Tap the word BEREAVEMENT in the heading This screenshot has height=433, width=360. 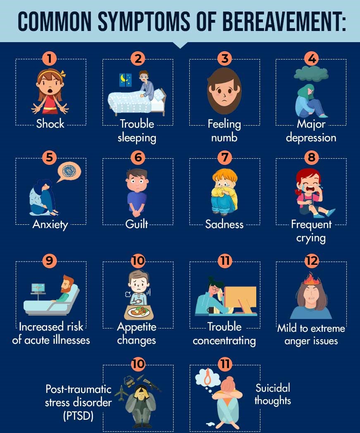(285, 21)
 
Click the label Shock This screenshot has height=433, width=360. (50, 124)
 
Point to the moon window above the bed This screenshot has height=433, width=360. (125, 79)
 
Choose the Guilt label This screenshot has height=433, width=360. (137, 224)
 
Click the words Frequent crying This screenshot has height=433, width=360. (311, 231)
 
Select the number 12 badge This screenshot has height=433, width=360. (311, 261)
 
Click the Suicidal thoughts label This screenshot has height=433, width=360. (272, 394)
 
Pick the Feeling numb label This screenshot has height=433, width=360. (224, 131)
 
